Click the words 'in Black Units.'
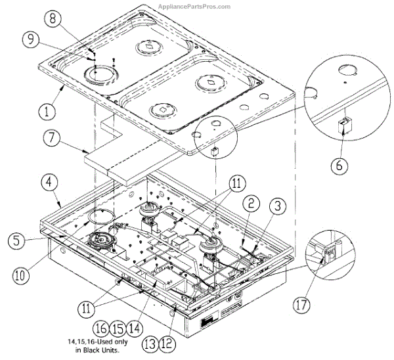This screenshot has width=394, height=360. click(x=98, y=349)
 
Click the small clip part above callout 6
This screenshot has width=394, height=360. click(x=341, y=125)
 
